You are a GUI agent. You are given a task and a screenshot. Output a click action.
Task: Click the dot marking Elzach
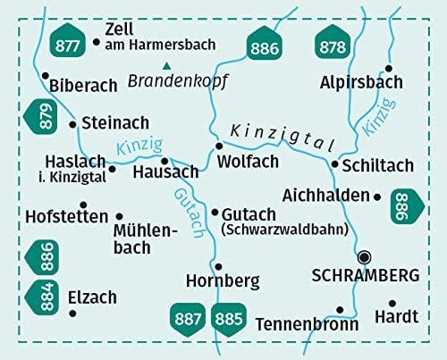(72, 313)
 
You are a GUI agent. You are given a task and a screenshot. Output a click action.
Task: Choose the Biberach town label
(86, 86)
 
